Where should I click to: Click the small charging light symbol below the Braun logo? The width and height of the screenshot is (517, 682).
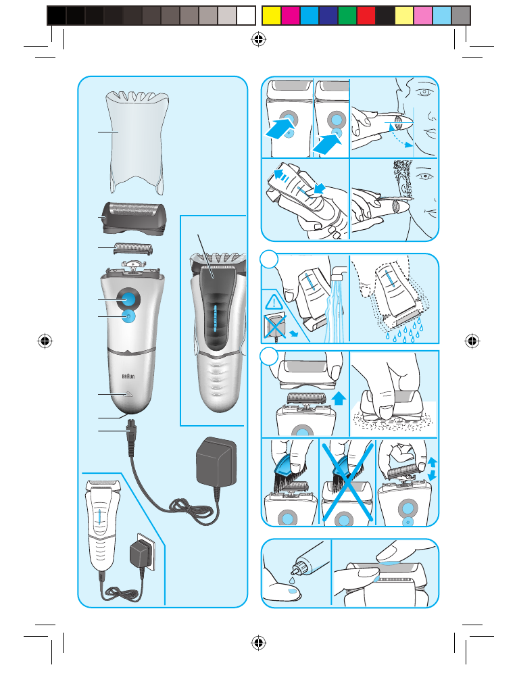coord(128,395)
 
